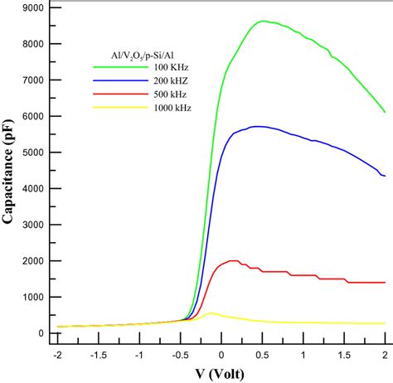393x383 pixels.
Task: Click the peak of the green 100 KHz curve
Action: (263, 22)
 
